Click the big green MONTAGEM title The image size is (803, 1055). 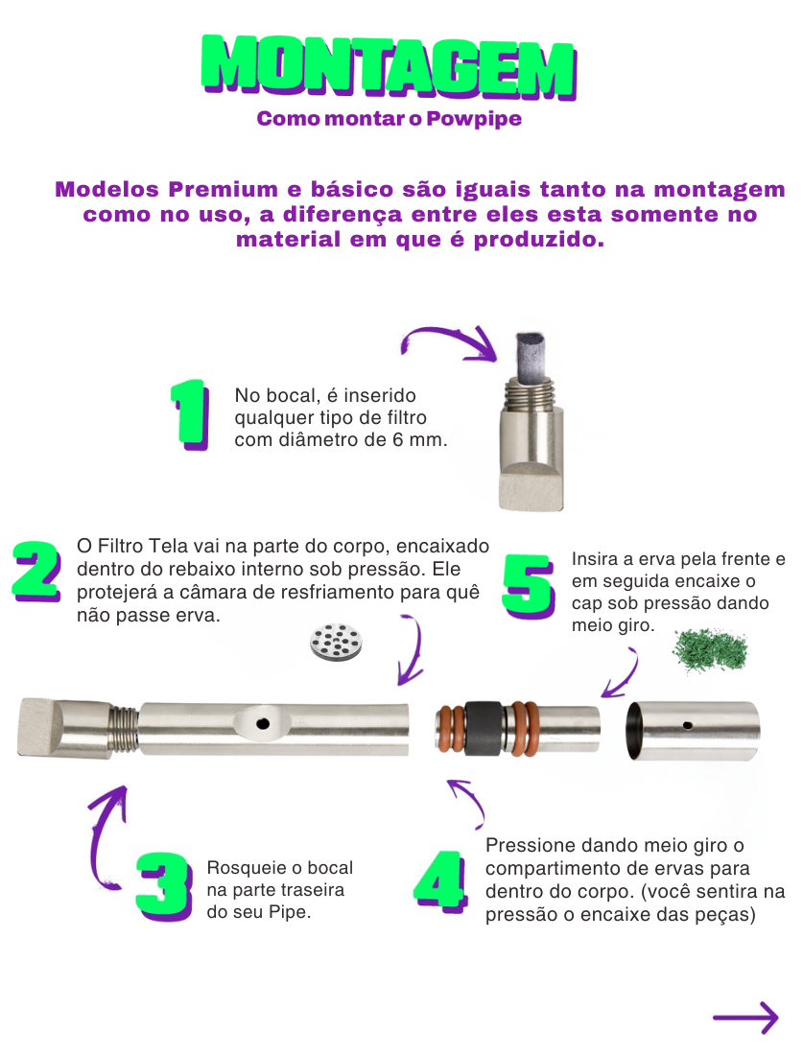(x=390, y=67)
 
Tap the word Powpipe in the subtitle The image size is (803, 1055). (x=474, y=118)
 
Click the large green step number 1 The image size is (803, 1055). (x=190, y=414)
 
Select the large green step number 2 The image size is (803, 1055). (x=37, y=572)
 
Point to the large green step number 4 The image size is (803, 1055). (x=441, y=881)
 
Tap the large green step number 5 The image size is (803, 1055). (x=529, y=586)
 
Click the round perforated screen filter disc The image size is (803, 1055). (x=336, y=642)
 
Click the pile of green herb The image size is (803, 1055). (x=710, y=650)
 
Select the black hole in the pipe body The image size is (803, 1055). (x=263, y=724)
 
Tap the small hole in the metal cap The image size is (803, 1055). (x=687, y=725)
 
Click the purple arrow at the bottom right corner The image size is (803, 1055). (x=745, y=1018)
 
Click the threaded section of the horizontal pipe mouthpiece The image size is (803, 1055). (x=123, y=729)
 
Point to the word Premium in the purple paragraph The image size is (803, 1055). (x=223, y=190)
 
